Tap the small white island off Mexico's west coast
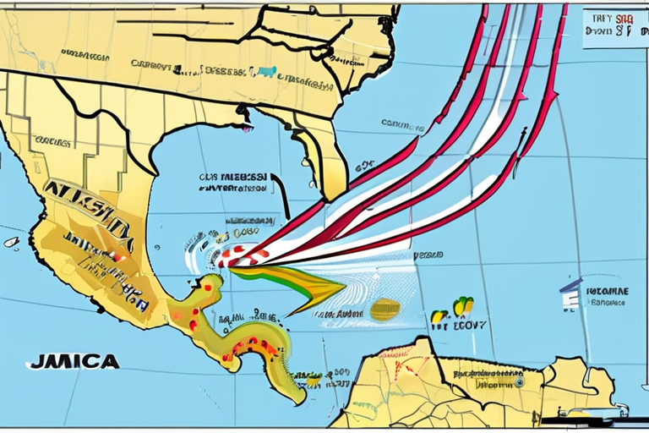point(11,242)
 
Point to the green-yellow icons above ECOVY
point(462,304)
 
